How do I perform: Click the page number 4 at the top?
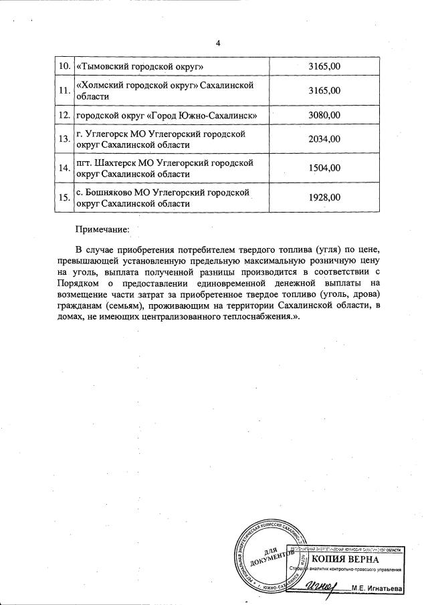coord(217,44)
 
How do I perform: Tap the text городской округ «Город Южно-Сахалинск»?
coord(167,115)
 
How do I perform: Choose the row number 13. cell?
coord(64,139)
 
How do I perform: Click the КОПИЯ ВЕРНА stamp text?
coord(345,558)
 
